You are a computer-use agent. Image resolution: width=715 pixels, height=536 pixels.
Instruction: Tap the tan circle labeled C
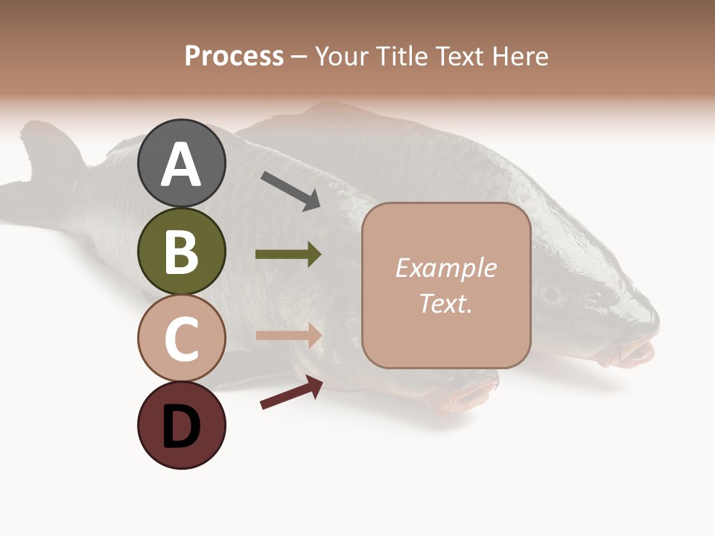(181, 338)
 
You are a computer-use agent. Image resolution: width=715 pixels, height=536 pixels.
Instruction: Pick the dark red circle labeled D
(181, 425)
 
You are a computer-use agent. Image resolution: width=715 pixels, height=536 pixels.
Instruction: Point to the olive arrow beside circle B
(288, 255)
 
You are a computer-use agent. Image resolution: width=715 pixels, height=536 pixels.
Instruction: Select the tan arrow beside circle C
(288, 336)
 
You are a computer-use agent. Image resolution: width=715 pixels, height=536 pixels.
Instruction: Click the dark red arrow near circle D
(291, 392)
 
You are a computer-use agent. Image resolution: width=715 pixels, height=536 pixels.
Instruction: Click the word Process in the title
(234, 56)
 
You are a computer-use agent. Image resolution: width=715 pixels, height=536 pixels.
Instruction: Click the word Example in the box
(445, 268)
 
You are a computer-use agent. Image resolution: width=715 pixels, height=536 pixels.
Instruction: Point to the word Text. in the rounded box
(445, 303)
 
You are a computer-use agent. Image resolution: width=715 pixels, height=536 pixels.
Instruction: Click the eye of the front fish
(551, 293)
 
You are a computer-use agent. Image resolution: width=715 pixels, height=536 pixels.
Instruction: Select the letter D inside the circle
(181, 428)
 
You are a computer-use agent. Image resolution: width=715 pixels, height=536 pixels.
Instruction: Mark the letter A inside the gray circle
(181, 165)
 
